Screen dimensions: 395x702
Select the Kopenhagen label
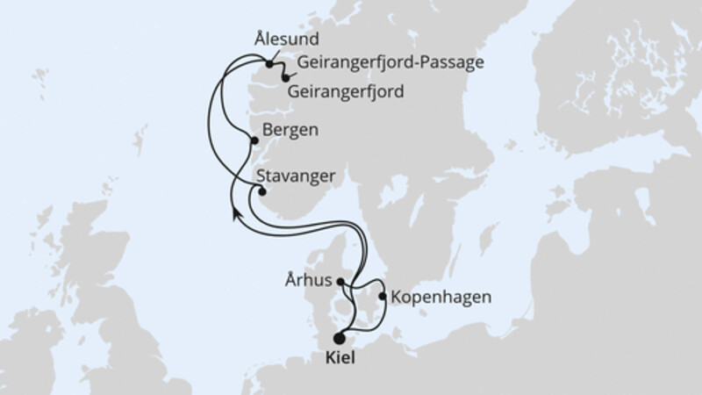441,297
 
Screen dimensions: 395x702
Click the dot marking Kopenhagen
383,296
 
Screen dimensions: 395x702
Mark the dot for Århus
341,282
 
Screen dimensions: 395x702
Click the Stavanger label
297,176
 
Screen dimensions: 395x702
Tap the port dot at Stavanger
261,192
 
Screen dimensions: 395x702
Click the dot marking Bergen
255,140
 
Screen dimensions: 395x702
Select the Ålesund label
284,39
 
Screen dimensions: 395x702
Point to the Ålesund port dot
269,63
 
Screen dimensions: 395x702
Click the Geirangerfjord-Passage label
391,62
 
